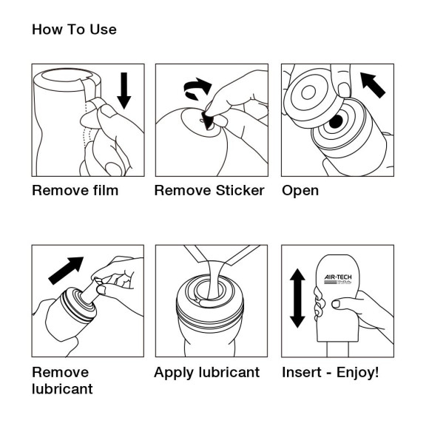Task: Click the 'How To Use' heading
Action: pyautogui.click(x=74, y=30)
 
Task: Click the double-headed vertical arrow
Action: pyautogui.click(x=297, y=298)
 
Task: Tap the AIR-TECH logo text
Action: pyautogui.click(x=341, y=277)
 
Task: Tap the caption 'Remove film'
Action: pyautogui.click(x=75, y=191)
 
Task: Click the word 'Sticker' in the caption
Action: pyautogui.click(x=238, y=191)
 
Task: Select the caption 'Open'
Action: pyautogui.click(x=300, y=191)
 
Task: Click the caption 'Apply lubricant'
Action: pyautogui.click(x=206, y=372)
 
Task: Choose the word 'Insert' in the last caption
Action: pyautogui.click(x=303, y=372)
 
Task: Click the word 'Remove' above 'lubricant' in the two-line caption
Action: pyautogui.click(x=60, y=372)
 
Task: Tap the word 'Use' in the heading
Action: pyautogui.click(x=103, y=30)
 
